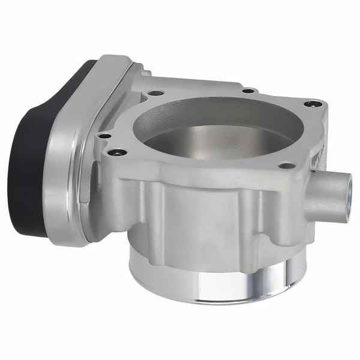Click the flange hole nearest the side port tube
click(289, 164)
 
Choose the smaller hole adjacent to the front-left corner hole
click(104, 136)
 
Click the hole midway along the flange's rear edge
click(246, 91)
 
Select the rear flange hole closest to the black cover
click(155, 93)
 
